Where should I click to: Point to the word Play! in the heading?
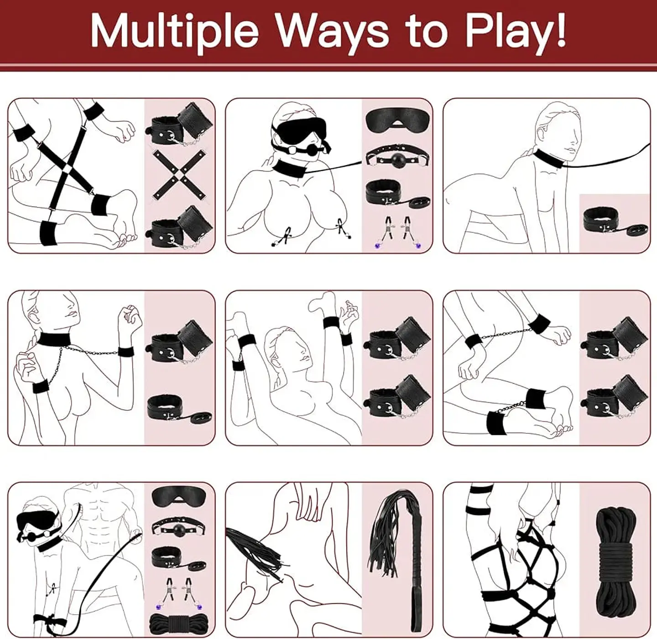tap(516, 31)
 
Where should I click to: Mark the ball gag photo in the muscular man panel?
tap(180, 528)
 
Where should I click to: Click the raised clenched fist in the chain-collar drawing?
tap(128, 317)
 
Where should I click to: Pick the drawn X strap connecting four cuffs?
tap(67, 169)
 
